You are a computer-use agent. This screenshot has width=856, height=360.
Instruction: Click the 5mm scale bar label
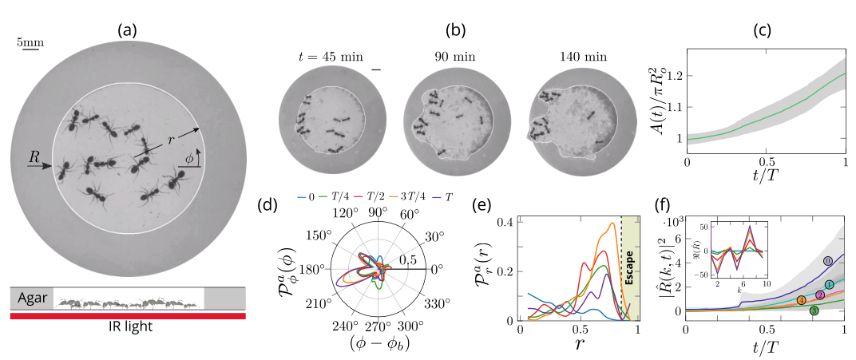30,42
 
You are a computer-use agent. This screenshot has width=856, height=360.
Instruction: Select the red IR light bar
128,316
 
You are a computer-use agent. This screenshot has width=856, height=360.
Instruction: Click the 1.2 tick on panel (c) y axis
676,77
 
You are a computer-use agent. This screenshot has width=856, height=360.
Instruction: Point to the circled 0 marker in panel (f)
827,261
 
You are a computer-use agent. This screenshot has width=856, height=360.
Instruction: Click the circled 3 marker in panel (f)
814,311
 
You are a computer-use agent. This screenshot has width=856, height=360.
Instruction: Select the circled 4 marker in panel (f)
800,300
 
